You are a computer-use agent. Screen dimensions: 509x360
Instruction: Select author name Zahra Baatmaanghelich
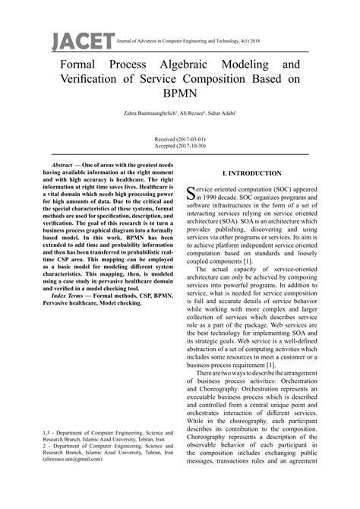(x=146, y=115)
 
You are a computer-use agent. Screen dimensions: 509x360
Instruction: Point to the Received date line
(x=179, y=141)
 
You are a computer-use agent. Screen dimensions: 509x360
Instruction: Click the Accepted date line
(x=179, y=147)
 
